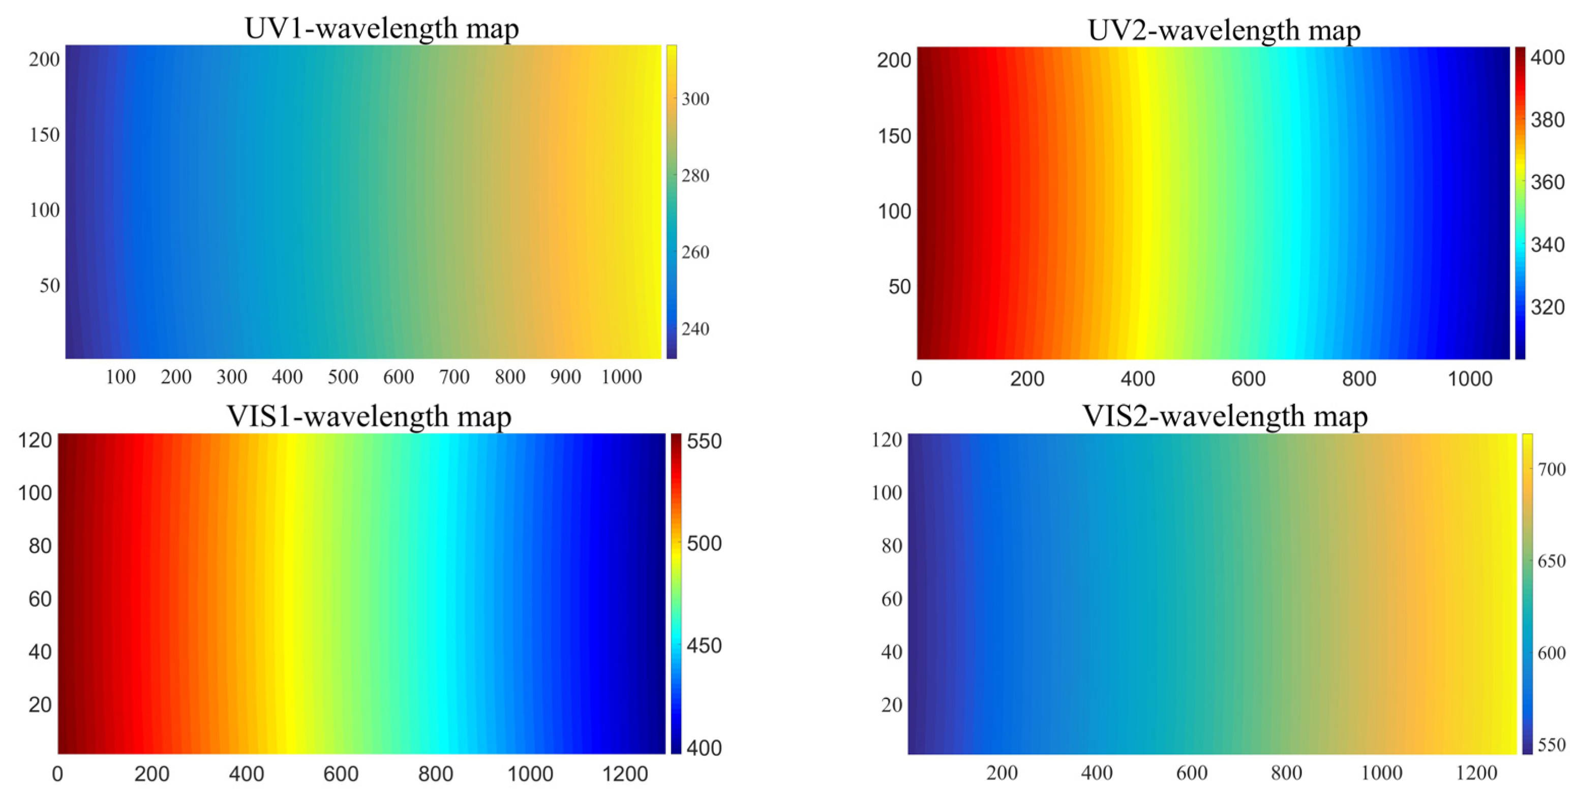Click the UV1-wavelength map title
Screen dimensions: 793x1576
pyautogui.click(x=381, y=28)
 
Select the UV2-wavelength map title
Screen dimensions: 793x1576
pyautogui.click(x=1224, y=30)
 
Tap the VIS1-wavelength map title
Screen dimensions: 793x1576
pyautogui.click(x=369, y=417)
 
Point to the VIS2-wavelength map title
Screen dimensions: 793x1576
pyautogui.click(x=1225, y=416)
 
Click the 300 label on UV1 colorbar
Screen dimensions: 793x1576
pyautogui.click(x=695, y=99)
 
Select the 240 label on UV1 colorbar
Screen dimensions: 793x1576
pyautogui.click(x=695, y=329)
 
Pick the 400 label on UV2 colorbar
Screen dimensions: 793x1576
pyautogui.click(x=1547, y=57)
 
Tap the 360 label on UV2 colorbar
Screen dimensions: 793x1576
pyautogui.click(x=1547, y=182)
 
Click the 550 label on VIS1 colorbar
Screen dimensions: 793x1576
pyautogui.click(x=704, y=441)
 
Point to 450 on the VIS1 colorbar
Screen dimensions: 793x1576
pyautogui.click(x=704, y=646)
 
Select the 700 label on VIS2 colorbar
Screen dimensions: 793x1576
pyautogui.click(x=1551, y=469)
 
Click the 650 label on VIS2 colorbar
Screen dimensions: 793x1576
pyautogui.click(x=1551, y=561)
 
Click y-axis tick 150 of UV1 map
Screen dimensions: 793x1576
pyautogui.click(x=45, y=135)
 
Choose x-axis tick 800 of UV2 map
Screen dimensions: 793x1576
pyautogui.click(x=1359, y=379)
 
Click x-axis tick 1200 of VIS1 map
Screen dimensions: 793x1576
pyautogui.click(x=625, y=774)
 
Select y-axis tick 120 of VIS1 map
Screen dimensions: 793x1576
pyautogui.click(x=35, y=440)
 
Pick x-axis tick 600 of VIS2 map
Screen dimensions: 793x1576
pyautogui.click(x=1191, y=773)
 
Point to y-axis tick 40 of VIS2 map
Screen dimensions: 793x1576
pyautogui.click(x=891, y=652)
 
